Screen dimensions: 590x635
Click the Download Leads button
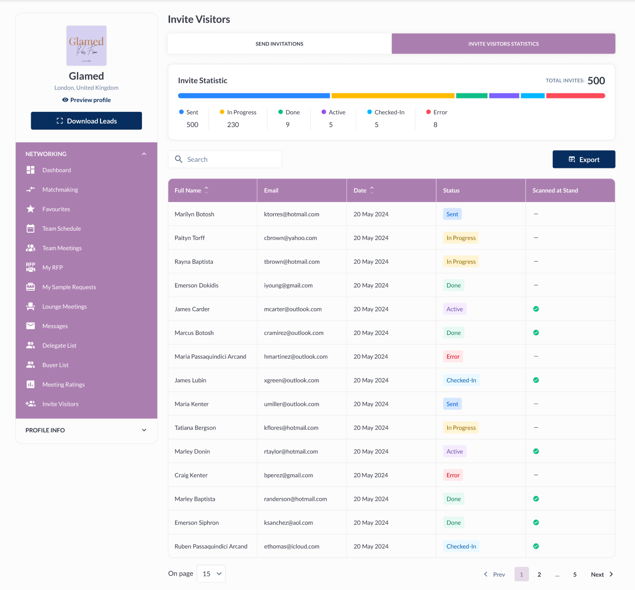[x=86, y=121]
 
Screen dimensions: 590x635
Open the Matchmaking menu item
[x=60, y=190]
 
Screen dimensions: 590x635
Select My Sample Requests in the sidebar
[x=69, y=287]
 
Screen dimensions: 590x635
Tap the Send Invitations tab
[x=279, y=44]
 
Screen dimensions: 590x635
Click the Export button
[x=583, y=160]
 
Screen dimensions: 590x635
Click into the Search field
[x=230, y=160]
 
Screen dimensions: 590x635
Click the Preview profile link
[x=86, y=100]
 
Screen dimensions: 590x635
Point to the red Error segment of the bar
[x=575, y=96]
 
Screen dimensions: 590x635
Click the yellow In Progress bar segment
[x=393, y=96]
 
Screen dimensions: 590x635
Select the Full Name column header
[x=188, y=190]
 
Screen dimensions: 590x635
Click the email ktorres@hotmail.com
[x=291, y=214]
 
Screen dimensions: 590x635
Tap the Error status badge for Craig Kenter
[x=453, y=475]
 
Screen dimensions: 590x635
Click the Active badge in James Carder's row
[x=454, y=309]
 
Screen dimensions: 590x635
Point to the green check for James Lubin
[x=536, y=380]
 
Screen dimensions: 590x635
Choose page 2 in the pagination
[x=539, y=575]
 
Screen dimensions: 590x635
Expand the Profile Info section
[x=86, y=430]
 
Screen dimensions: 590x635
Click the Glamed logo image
[x=86, y=46]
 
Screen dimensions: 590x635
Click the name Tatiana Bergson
[x=195, y=428]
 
